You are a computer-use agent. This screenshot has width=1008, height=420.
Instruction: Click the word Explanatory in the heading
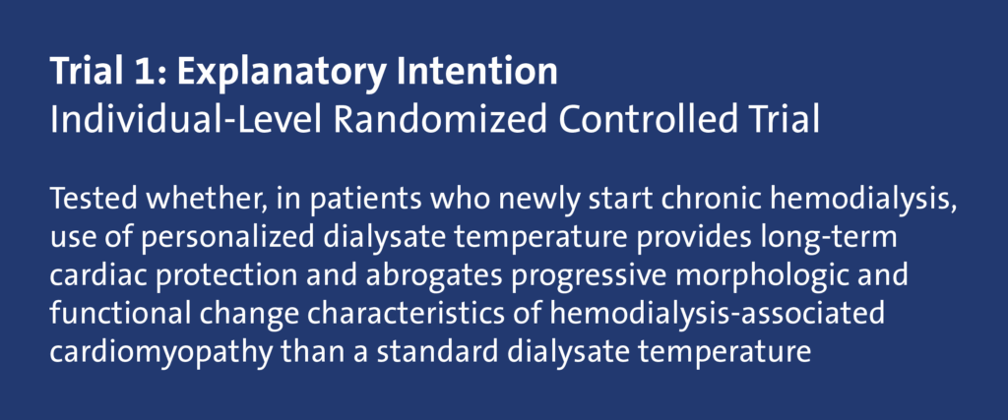[281, 73]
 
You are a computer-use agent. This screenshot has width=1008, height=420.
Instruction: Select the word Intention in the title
[476, 71]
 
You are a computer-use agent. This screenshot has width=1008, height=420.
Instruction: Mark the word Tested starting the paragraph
[93, 200]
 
